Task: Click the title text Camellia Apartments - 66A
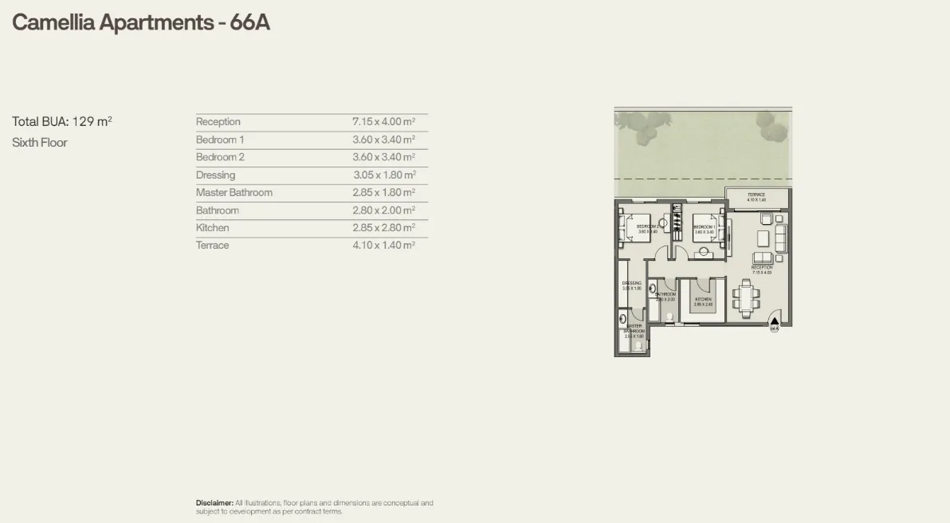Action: (141, 22)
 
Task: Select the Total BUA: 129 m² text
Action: (62, 122)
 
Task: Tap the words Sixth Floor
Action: (40, 143)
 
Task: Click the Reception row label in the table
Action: (218, 122)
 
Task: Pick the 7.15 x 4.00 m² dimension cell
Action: (384, 122)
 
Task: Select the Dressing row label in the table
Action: (216, 175)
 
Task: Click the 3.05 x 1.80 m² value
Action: (384, 175)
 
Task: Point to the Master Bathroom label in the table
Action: (234, 193)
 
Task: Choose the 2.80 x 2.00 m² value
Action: (384, 210)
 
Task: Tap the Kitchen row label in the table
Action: (213, 228)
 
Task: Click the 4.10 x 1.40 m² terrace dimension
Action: (384, 246)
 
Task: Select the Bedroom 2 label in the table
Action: (221, 158)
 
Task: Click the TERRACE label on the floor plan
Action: (756, 195)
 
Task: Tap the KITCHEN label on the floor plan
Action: (703, 300)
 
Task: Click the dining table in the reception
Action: (746, 298)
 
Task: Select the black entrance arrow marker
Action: (774, 321)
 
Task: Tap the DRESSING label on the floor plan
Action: (632, 283)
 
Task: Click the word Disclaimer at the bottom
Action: (214, 503)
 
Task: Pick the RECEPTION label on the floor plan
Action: (762, 268)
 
